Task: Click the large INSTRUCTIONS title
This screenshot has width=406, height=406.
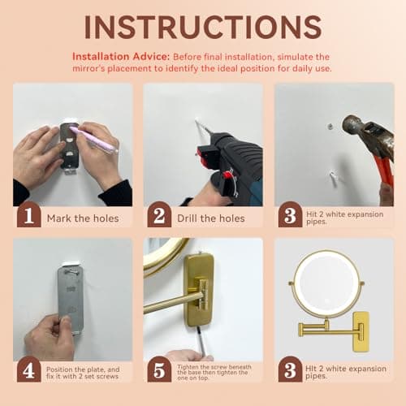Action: coord(203,26)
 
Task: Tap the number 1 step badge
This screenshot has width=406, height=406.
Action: coord(28,217)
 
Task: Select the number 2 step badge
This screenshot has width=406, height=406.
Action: coord(159,217)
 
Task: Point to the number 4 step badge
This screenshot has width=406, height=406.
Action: coord(28,370)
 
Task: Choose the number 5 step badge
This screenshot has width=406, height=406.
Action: coord(159,370)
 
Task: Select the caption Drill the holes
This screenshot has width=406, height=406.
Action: coord(210,218)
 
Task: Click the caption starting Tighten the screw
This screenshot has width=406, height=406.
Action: coord(214,370)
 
